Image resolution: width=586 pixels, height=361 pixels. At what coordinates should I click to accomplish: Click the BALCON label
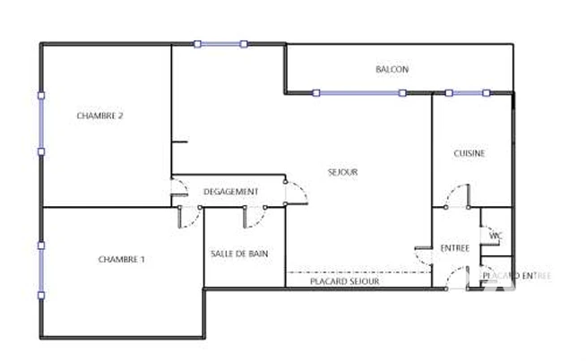(392, 69)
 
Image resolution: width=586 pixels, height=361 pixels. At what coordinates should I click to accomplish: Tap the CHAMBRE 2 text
(99, 116)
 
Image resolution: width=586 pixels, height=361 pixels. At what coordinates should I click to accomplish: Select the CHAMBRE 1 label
(122, 259)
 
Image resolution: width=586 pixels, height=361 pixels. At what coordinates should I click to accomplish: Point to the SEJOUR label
(342, 172)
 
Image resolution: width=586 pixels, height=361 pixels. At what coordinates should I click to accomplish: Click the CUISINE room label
(470, 153)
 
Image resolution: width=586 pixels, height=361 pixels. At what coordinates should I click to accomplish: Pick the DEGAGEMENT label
(230, 192)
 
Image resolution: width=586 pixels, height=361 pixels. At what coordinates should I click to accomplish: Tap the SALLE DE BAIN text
(239, 254)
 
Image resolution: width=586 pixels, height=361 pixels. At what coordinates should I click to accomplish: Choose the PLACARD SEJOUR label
(345, 281)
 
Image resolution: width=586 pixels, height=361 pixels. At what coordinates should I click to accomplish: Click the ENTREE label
(455, 248)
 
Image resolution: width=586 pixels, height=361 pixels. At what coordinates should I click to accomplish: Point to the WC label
(496, 236)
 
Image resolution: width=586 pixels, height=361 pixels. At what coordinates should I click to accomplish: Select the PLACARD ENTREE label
(517, 276)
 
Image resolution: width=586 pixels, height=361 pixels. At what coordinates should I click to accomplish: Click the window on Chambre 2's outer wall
(41, 124)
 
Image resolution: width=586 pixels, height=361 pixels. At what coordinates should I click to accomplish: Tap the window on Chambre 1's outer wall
(41, 271)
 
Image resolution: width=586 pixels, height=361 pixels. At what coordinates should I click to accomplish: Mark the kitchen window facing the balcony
(468, 92)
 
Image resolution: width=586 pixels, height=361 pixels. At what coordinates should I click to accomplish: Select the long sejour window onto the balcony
(359, 92)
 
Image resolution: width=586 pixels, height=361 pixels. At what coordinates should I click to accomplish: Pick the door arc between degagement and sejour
(301, 187)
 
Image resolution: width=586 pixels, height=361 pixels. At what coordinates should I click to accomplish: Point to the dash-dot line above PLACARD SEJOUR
(358, 272)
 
